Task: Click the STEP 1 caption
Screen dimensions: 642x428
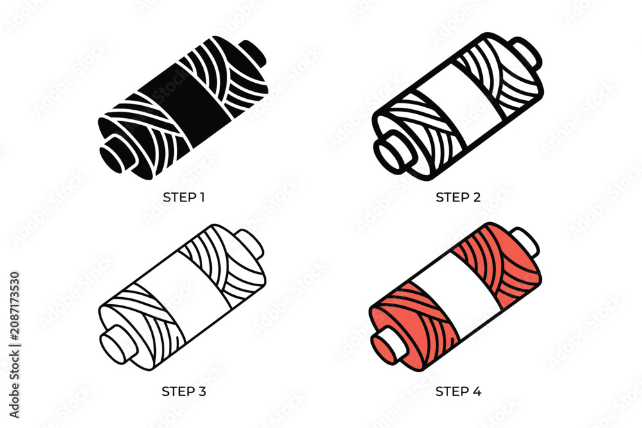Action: click(x=184, y=197)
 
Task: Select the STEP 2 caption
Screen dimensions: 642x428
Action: click(x=458, y=197)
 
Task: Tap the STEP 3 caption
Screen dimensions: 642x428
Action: click(x=184, y=391)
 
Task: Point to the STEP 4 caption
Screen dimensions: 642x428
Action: click(x=458, y=391)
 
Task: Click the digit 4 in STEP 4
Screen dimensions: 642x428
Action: click(x=477, y=391)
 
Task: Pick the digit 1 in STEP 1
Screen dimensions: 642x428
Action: click(x=202, y=197)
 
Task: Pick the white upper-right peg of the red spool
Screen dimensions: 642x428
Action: click(x=525, y=241)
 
